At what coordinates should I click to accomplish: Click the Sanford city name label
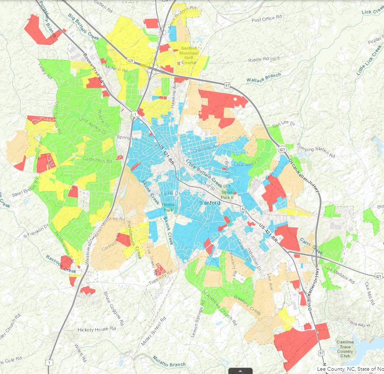tap(210, 203)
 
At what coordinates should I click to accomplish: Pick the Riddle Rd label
tap(258, 60)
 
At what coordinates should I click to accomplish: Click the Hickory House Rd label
tap(93, 329)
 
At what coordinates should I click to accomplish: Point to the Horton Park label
tap(168, 207)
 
